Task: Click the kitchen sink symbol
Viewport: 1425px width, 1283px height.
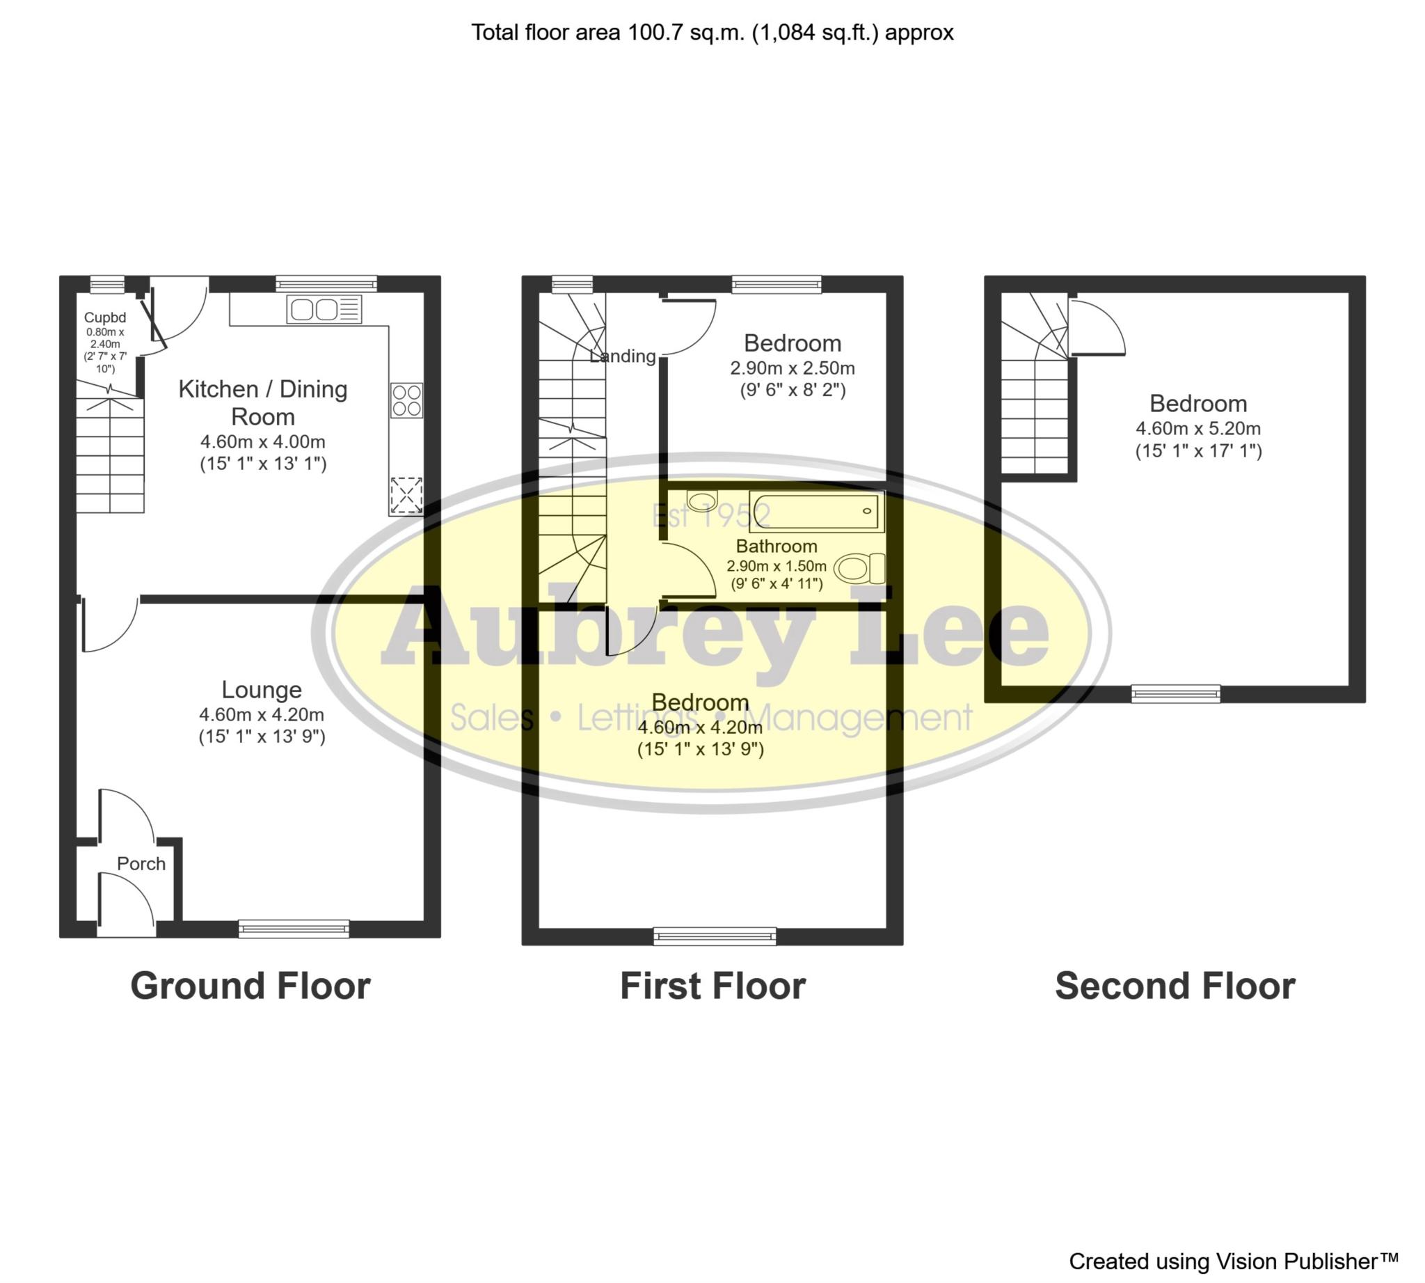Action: [x=324, y=310]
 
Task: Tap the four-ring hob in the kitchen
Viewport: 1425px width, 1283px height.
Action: [x=406, y=400]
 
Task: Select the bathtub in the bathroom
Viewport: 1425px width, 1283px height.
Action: [x=816, y=511]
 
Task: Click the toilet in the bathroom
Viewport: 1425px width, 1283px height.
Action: [x=859, y=567]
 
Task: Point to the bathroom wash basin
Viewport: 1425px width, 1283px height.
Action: [x=701, y=501]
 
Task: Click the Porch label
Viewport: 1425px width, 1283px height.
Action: [x=141, y=863]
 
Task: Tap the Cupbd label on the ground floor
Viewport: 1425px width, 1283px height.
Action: [x=105, y=317]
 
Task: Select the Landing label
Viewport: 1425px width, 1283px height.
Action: [x=622, y=356]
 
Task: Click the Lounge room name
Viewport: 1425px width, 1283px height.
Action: [x=262, y=689]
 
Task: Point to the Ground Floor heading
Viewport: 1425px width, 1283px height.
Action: [x=250, y=986]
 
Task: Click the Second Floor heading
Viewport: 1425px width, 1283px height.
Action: [x=1175, y=986]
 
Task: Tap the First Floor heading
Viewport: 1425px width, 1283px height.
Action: [x=712, y=986]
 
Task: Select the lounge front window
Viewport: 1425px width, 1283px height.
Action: [x=294, y=929]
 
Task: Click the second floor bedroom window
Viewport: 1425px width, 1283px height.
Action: [x=1175, y=693]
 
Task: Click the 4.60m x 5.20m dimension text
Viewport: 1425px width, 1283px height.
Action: [x=1198, y=428]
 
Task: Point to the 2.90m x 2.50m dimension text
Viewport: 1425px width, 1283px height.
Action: [x=792, y=368]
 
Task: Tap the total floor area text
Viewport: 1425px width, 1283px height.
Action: [x=712, y=33]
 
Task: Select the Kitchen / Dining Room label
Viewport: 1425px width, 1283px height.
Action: [x=263, y=402]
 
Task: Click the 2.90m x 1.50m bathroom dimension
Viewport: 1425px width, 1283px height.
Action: [x=776, y=565]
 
